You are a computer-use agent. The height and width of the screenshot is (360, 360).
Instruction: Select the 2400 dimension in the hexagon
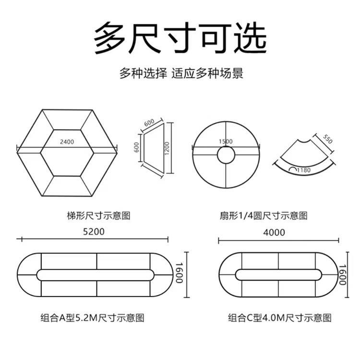tap(67, 142)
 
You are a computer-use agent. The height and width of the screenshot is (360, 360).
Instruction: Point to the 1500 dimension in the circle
tap(225, 142)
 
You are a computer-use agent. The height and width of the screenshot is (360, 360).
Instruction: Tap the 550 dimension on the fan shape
tap(327, 140)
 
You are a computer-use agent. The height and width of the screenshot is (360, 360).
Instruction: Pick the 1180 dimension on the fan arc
tap(303, 170)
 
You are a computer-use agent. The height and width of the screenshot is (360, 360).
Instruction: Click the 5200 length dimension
tap(93, 231)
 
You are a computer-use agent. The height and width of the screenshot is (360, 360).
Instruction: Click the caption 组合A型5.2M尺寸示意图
tap(92, 317)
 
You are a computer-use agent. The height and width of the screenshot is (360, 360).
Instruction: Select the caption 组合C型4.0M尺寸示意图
tap(280, 317)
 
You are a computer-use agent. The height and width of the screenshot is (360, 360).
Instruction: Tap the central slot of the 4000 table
tap(278, 275)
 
